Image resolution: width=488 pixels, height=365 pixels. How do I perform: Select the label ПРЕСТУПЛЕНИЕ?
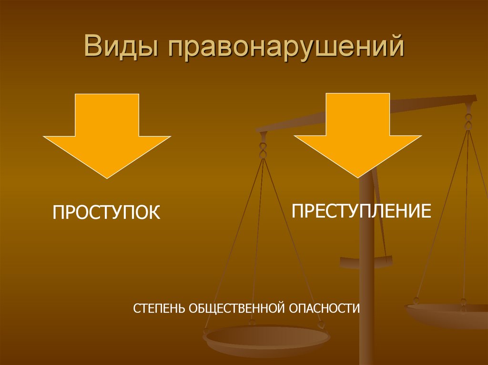coord(361,210)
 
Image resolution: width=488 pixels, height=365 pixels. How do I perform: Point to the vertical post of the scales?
coord(366,286)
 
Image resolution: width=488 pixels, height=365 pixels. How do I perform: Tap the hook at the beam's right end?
coord(469,119)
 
